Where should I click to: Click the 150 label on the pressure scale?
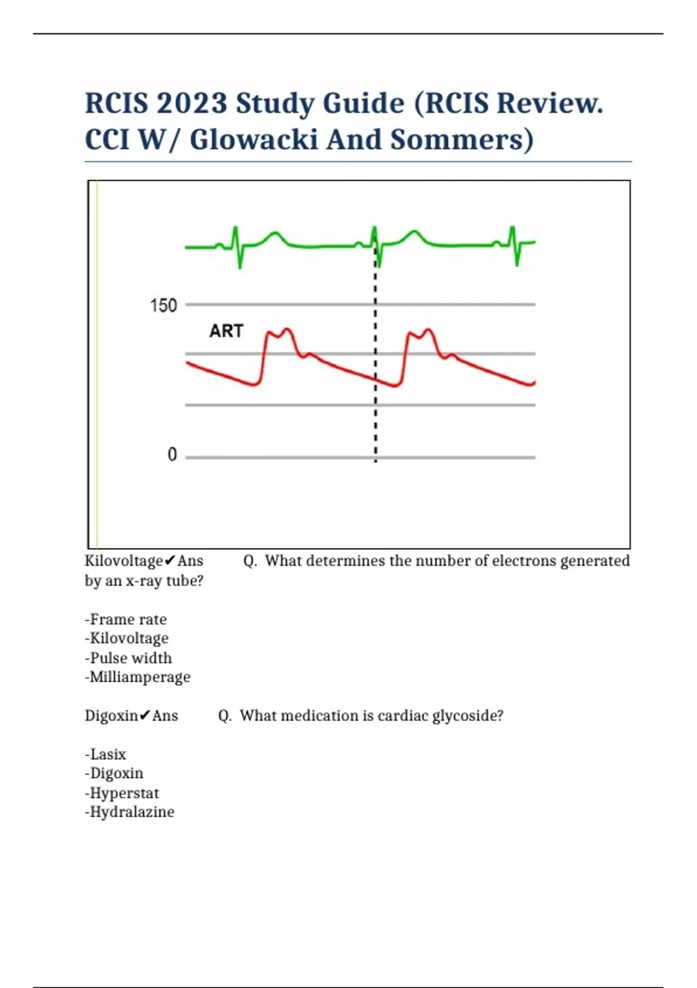(x=163, y=306)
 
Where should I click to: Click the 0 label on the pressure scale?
(x=172, y=454)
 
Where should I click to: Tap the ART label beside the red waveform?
(x=226, y=331)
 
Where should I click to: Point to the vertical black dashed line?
(x=376, y=360)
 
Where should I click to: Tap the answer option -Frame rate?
(x=126, y=620)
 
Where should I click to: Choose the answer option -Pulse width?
(x=128, y=658)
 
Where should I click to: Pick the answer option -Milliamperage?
(x=138, y=677)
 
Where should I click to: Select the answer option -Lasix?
(x=106, y=754)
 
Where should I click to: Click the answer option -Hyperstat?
(x=122, y=793)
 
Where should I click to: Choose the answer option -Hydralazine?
(x=130, y=812)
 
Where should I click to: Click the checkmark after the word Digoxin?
(x=145, y=715)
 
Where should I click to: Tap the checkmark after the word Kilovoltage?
(x=170, y=561)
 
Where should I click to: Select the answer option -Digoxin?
(x=114, y=774)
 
